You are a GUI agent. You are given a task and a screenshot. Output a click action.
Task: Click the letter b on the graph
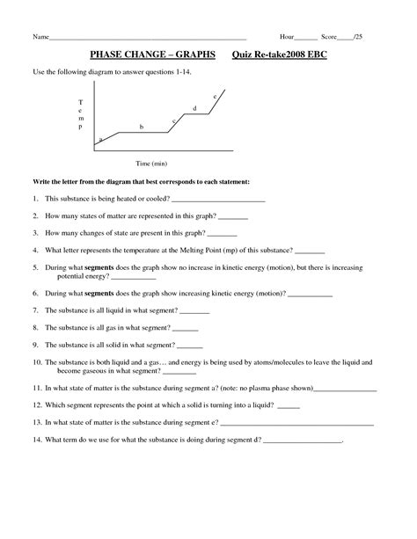142,127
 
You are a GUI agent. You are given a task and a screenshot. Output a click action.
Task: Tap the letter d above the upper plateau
194,107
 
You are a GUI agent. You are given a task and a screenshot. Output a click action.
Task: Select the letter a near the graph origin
101,139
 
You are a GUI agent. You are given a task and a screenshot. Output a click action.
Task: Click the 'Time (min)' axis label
151,164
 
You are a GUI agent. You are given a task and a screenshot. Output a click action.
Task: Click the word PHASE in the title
110,54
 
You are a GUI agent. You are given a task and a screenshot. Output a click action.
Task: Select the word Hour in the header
286,37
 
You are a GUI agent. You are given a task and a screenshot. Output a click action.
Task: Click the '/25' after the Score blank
358,37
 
